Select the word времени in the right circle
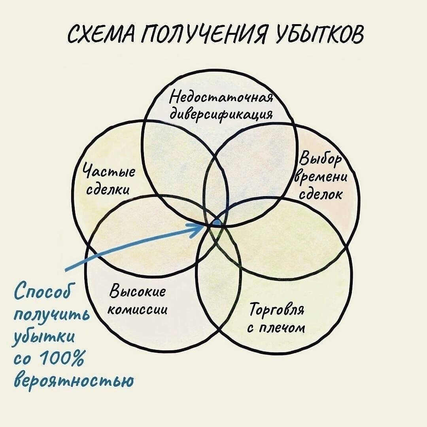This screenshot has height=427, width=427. pos(321,177)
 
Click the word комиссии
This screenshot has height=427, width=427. pos(137,310)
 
